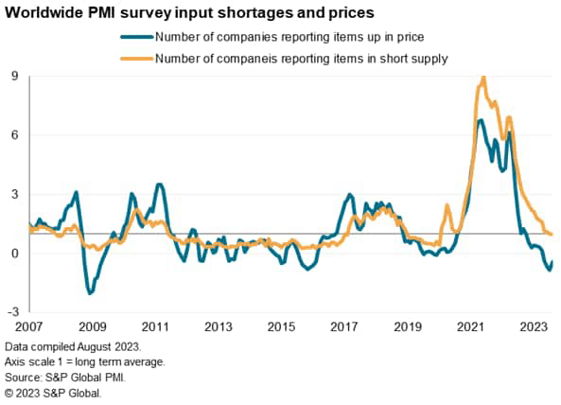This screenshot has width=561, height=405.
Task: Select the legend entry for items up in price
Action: pos(289,37)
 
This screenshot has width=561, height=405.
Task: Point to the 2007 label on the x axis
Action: pos(29,326)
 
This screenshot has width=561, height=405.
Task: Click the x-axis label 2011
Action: pos(155,326)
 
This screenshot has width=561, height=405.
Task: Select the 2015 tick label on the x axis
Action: pos(281,326)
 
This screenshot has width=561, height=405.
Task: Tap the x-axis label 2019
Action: pos(407,326)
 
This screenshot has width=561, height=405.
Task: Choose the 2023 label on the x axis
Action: pos(533,326)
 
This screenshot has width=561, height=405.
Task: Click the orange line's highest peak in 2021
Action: pos(483,78)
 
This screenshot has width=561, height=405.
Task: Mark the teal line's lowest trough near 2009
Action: pos(90,293)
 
